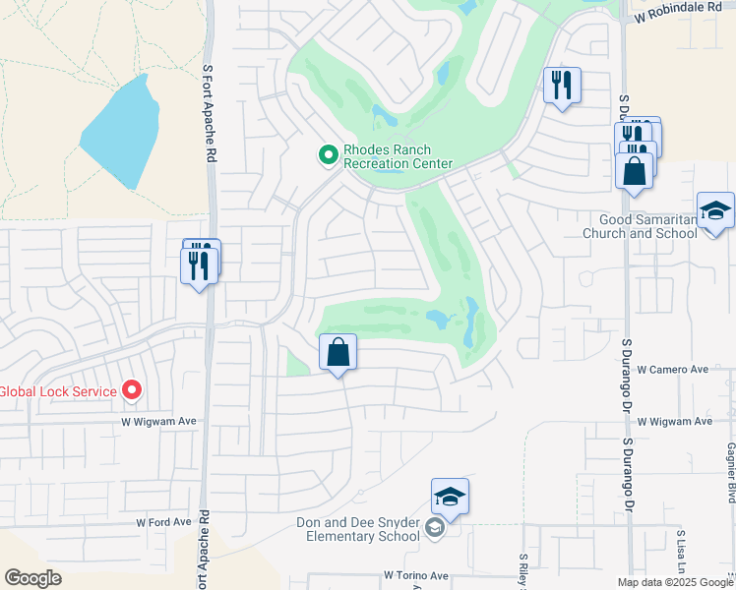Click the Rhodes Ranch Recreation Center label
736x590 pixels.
tap(398, 157)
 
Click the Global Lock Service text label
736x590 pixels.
tap(58, 391)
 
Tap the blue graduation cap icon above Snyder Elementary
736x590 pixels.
tap(450, 498)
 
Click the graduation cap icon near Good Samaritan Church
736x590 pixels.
tap(715, 211)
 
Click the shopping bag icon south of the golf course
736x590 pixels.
tap(337, 353)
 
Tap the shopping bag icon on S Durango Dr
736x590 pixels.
tap(636, 170)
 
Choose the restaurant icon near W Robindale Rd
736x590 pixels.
tap(562, 86)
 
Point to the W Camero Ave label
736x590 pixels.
tap(673, 370)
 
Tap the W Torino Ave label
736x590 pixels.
tap(416, 575)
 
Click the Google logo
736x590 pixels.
tap(32, 578)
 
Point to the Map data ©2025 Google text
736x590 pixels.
tap(674, 582)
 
